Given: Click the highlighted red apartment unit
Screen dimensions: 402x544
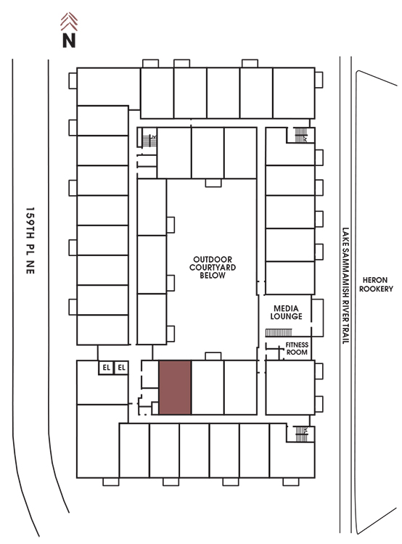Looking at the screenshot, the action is (x=175, y=387).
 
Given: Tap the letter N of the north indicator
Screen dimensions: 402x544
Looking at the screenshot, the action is (x=69, y=40).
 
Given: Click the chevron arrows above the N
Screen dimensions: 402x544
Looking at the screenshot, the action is (x=69, y=22).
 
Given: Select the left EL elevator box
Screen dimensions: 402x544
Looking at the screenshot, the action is (x=106, y=368).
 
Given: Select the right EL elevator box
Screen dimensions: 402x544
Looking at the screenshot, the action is (x=121, y=368).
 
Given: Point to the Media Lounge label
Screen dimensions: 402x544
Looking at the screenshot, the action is (x=286, y=312).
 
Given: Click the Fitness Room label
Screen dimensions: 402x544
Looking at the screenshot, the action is (x=297, y=348).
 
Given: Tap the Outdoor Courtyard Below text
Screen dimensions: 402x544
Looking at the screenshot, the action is (x=213, y=267).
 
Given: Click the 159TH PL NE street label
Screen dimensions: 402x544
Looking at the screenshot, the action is (x=30, y=241).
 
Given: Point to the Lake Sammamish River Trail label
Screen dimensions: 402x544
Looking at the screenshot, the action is (x=345, y=286).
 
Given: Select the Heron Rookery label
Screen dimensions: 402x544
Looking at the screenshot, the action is (x=376, y=284).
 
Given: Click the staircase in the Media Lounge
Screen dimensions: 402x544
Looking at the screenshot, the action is (x=279, y=333).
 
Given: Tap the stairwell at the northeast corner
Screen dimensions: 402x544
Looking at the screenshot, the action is (x=301, y=135).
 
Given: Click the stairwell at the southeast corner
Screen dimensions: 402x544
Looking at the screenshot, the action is (x=301, y=434).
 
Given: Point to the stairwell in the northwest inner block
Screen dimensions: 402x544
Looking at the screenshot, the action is (x=149, y=141).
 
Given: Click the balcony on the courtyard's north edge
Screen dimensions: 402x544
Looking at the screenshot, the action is (x=213, y=183).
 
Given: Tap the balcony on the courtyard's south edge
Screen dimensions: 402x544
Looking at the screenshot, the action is (x=213, y=356).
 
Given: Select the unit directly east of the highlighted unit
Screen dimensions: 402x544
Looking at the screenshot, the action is (x=208, y=387).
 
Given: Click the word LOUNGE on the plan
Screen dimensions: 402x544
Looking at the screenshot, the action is (x=286, y=316).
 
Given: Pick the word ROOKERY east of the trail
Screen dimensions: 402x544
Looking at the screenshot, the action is (x=376, y=288).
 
